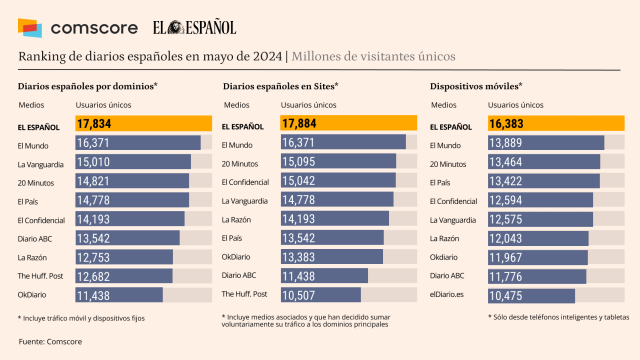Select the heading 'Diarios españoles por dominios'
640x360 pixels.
coord(87,87)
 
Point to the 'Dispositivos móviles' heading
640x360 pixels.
coord(476,87)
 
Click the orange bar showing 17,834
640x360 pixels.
coord(144,124)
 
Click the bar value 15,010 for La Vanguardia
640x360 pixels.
coord(133,162)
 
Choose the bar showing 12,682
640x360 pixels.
coord(124,276)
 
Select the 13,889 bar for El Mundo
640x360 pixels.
coord(545,143)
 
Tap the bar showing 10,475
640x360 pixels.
coord(531,295)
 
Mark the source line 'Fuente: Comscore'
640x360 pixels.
coord(51,342)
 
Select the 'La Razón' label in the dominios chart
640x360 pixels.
coord(34,257)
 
